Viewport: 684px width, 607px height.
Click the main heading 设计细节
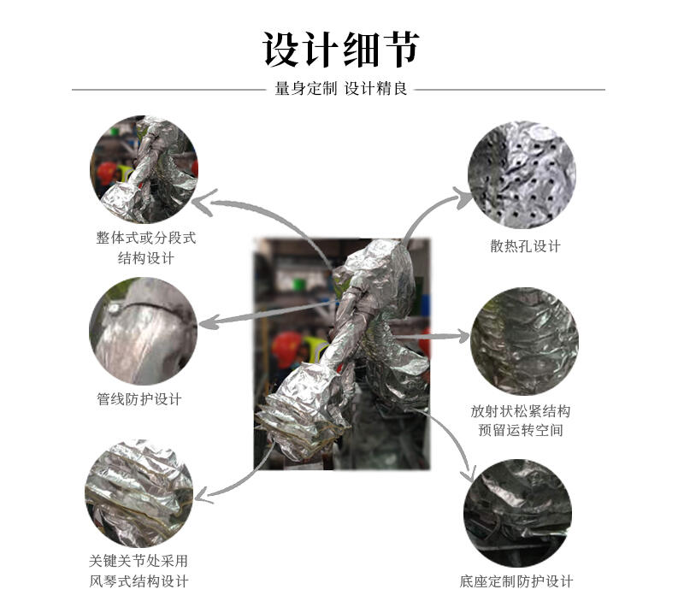click(340, 50)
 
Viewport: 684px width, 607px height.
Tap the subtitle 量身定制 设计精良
click(340, 89)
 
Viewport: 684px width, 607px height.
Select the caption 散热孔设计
click(525, 246)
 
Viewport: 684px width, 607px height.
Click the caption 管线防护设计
click(139, 399)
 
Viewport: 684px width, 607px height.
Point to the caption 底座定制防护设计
click(516, 581)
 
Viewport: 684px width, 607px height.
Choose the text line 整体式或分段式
click(146, 238)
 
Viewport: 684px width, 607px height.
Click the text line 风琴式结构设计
click(139, 581)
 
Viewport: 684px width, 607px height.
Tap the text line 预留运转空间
click(521, 430)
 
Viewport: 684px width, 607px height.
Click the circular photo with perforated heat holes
click(522, 174)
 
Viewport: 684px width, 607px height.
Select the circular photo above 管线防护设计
click(143, 331)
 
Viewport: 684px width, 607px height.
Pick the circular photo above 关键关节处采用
click(139, 493)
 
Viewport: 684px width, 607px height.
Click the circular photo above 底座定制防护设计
click(518, 513)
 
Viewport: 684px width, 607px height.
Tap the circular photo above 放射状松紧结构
click(524, 341)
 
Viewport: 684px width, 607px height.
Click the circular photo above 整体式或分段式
click(144, 169)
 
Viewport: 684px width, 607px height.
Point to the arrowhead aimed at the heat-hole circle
click(463, 197)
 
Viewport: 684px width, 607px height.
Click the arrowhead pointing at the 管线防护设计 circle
click(209, 323)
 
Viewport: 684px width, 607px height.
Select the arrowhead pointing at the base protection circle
click(470, 474)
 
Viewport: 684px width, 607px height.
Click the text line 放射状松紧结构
click(521, 410)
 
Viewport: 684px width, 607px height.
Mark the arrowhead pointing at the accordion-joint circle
click(203, 496)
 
